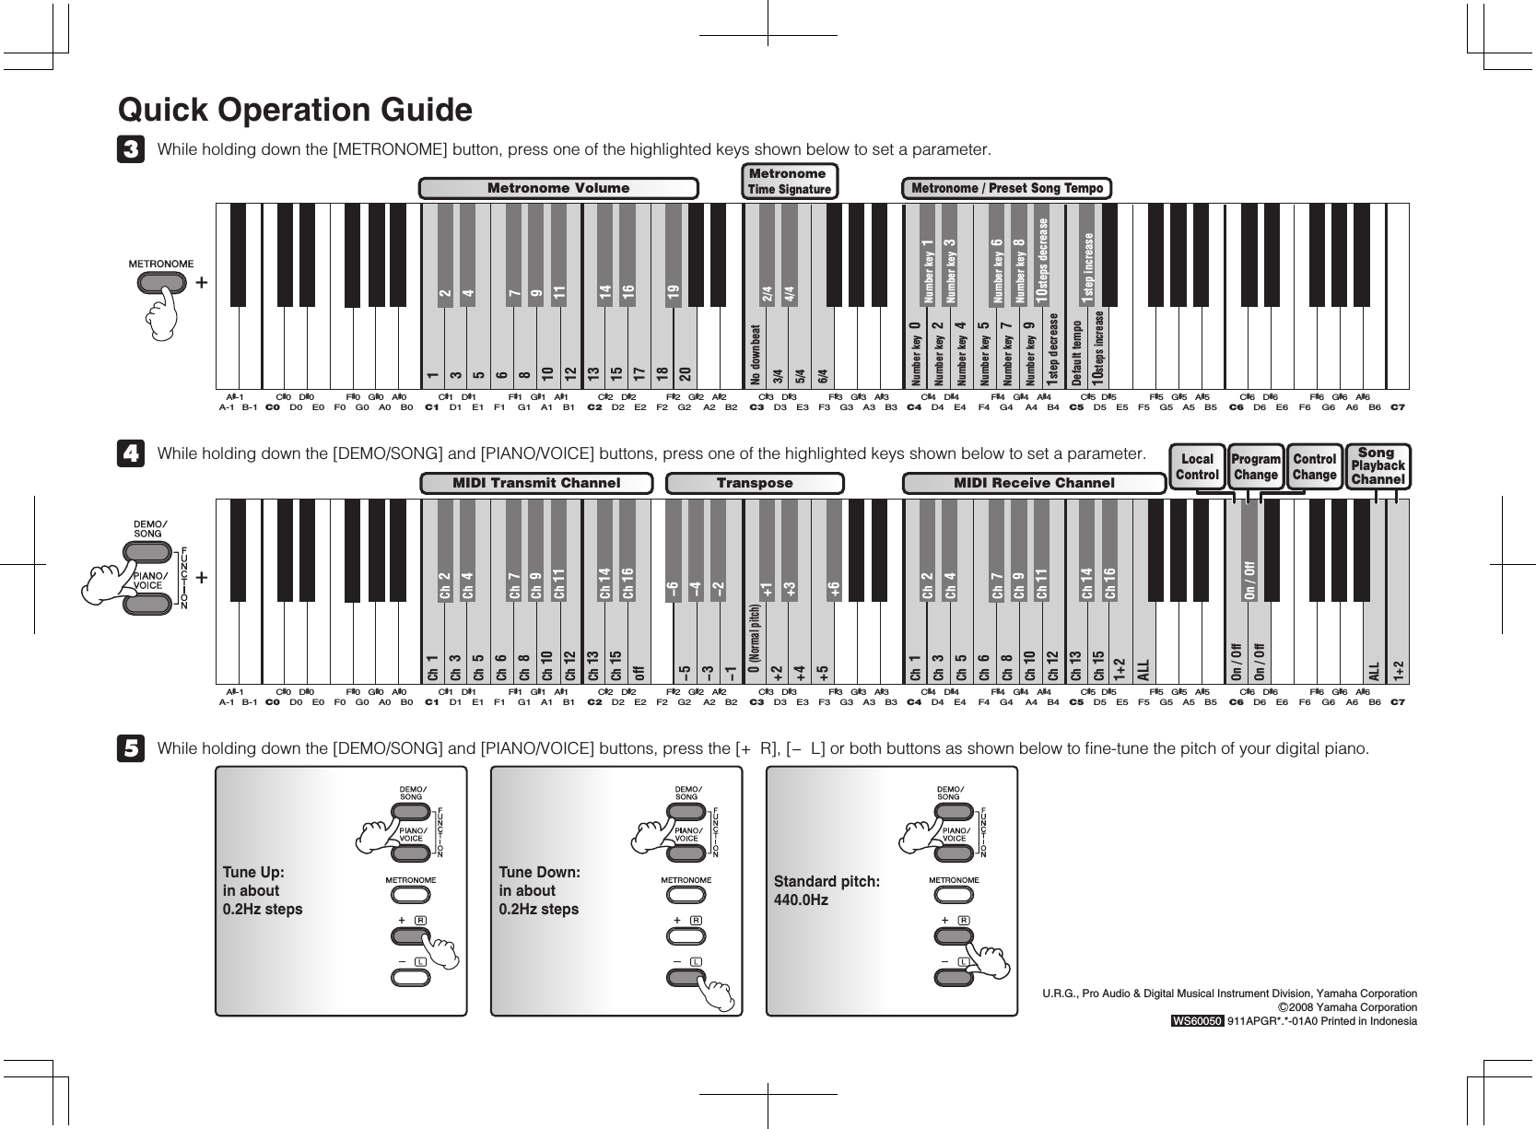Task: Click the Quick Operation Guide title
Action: pos(295,111)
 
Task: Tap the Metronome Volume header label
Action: pos(557,188)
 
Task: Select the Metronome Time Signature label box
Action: pos(789,182)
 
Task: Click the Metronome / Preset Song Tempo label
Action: pos(1006,188)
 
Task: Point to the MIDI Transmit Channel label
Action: pos(536,483)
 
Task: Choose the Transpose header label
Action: pos(755,483)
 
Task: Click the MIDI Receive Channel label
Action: pos(1034,483)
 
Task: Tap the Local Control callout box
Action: pos(1197,467)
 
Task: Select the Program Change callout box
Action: pos(1256,467)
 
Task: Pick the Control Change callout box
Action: pos(1314,467)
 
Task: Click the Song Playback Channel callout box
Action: pos(1378,466)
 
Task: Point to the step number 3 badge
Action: pos(131,149)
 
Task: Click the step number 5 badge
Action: pos(131,748)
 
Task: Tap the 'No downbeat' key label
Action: pos(756,355)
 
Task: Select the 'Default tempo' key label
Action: pos(1076,354)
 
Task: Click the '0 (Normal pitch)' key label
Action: pos(756,645)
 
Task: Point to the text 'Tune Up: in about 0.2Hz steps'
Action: pos(263,890)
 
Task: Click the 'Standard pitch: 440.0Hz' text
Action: pos(827,890)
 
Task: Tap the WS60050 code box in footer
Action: pos(1197,1021)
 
